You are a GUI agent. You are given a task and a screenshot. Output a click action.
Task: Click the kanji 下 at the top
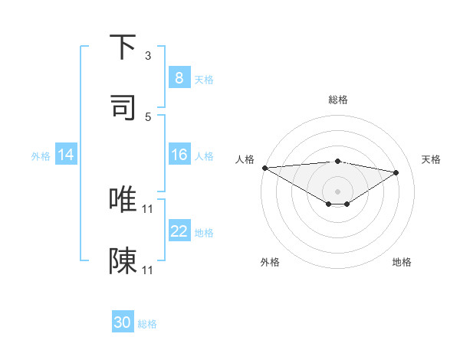[x=123, y=47]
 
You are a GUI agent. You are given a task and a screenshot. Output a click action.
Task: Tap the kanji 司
[x=123, y=107]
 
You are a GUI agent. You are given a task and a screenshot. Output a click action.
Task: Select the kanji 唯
[x=123, y=199]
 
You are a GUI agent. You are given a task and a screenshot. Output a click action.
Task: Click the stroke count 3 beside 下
[x=148, y=55]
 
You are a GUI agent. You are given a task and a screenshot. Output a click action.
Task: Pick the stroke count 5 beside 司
[x=148, y=116]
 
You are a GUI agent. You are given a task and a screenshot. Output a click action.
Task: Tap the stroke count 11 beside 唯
[x=148, y=208]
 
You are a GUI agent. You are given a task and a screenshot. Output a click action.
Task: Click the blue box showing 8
[x=179, y=78]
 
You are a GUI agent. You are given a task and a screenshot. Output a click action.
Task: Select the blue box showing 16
[x=179, y=155]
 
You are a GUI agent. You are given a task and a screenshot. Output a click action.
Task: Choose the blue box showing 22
[x=179, y=231]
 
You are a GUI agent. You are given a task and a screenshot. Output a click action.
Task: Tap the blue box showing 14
[x=66, y=155]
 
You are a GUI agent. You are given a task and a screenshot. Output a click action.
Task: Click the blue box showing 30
[x=123, y=322]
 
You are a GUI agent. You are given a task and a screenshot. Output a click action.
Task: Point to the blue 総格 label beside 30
[x=147, y=324]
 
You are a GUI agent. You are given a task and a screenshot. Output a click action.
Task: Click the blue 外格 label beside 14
[x=41, y=156]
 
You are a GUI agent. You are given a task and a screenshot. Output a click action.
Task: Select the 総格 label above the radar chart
[x=338, y=100]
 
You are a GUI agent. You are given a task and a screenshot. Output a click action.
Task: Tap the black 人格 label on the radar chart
[x=245, y=159]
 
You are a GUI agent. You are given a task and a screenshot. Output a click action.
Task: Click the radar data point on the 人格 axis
[x=264, y=168]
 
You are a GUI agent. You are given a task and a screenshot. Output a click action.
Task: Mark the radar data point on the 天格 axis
[x=396, y=172]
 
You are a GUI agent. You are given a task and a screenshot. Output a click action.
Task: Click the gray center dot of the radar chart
[x=338, y=191]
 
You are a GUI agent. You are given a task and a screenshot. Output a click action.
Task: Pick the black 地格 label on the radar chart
[x=402, y=262]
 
